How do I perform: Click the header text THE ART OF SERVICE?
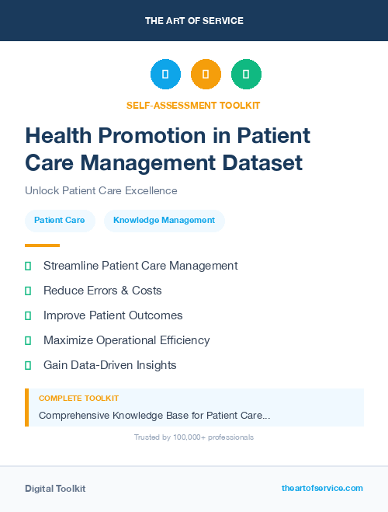click(x=194, y=20)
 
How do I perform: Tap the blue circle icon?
click(x=165, y=75)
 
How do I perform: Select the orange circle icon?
click(x=206, y=75)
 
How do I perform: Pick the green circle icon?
click(x=246, y=75)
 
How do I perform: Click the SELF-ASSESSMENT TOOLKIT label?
click(x=193, y=105)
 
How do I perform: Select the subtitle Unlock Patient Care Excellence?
click(x=101, y=191)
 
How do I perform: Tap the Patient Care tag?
click(x=60, y=221)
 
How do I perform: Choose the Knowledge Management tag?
click(x=164, y=221)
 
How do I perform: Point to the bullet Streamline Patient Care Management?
click(x=140, y=266)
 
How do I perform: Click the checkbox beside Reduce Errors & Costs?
click(x=28, y=291)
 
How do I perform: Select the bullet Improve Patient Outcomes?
click(x=113, y=315)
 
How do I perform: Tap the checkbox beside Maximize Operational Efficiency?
click(x=28, y=340)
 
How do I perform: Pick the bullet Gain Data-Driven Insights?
click(x=109, y=365)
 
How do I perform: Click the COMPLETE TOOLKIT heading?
click(x=73, y=399)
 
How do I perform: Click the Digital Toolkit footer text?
click(x=55, y=489)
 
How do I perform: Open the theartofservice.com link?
click(x=322, y=488)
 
